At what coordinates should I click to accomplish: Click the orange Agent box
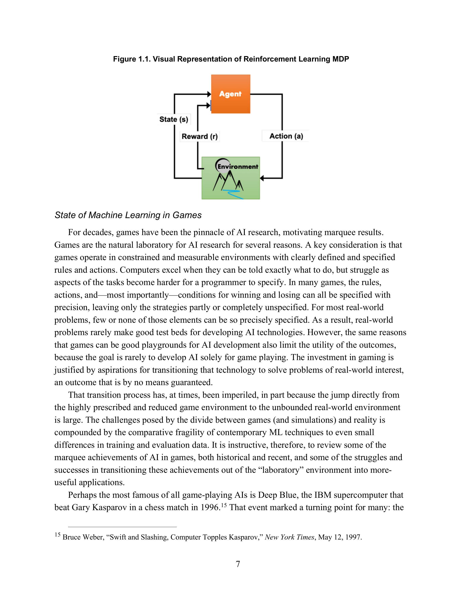230,94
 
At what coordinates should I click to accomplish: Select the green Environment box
230,178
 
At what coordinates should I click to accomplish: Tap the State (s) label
174,119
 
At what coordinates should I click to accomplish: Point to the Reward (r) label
200,136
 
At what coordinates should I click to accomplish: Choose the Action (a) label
286,136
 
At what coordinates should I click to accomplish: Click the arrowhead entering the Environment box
262,179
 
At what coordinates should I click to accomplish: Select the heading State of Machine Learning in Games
128,215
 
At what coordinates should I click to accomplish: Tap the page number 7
238,564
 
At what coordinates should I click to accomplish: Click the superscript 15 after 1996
224,505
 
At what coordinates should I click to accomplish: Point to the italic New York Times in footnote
289,537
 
